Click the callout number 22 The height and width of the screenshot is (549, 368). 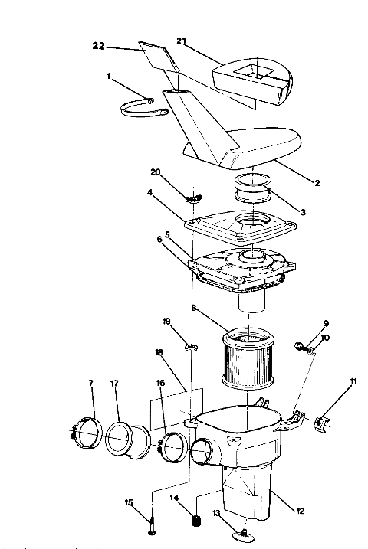(x=98, y=47)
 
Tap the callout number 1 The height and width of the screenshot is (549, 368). (x=110, y=77)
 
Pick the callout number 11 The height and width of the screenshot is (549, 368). (x=353, y=381)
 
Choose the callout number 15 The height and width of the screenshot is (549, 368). (x=128, y=502)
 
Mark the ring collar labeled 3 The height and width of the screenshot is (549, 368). (x=254, y=188)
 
